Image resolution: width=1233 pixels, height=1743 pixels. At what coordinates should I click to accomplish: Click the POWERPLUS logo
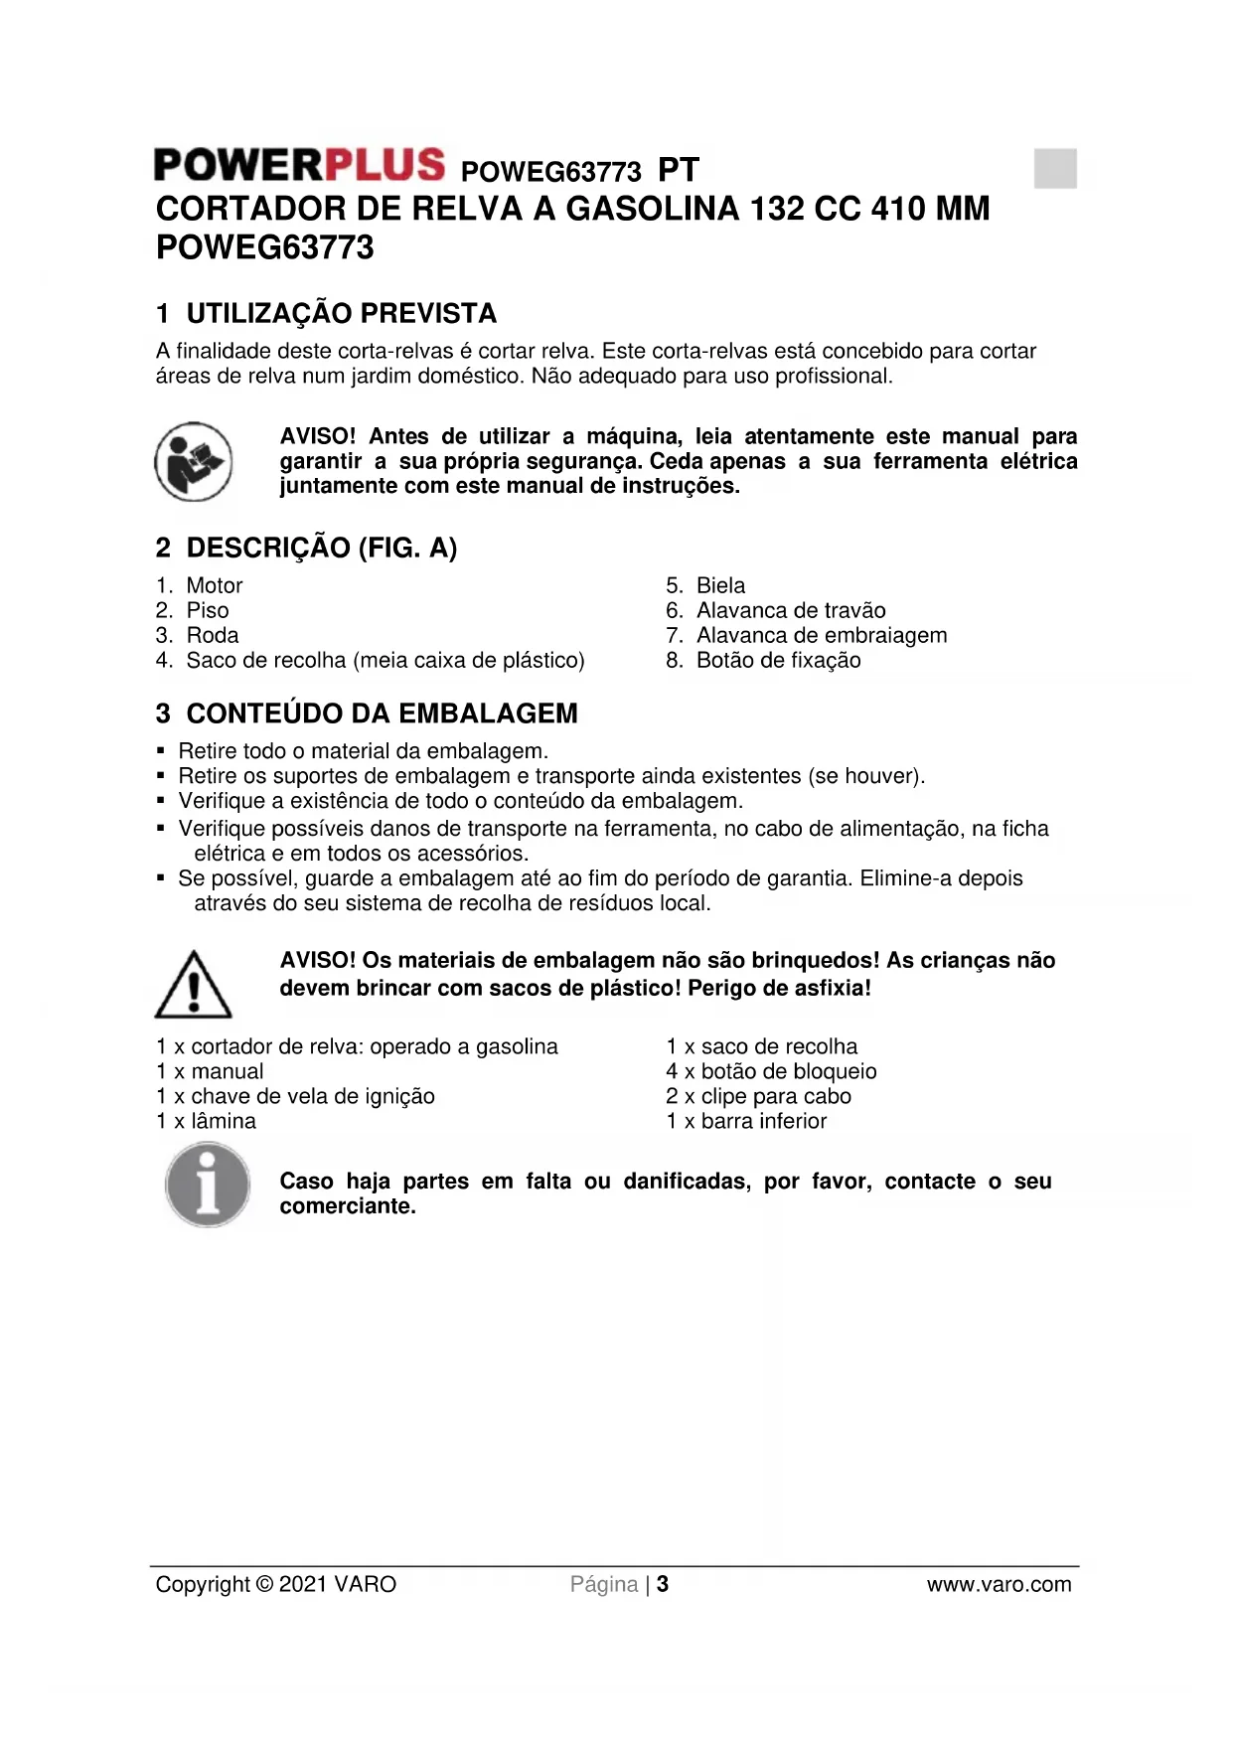point(299,165)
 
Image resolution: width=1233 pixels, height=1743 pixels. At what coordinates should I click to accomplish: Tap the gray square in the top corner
point(1054,168)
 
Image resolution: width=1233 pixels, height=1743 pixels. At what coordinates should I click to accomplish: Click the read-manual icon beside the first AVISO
point(194,461)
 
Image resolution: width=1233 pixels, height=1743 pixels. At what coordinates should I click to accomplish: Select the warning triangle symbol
point(194,985)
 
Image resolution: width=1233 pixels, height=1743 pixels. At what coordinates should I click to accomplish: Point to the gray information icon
point(208,1185)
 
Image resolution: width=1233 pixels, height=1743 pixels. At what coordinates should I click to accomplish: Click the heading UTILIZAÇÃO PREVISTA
point(341,314)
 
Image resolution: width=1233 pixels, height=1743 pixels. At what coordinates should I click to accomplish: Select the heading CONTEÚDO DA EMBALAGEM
point(382,713)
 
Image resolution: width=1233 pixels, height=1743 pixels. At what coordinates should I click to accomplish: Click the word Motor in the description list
point(215,585)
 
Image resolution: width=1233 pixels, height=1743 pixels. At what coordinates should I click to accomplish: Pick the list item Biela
point(720,585)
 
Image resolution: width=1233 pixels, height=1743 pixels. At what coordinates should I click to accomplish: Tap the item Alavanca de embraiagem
point(822,635)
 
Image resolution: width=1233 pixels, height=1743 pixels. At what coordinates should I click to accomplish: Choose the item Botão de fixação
point(778,660)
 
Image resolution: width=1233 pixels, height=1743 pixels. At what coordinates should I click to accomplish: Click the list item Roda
point(213,635)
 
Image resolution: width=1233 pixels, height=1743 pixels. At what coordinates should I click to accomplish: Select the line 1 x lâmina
point(207,1121)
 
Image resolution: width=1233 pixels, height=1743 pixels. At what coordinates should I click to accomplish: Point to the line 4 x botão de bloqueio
point(771,1071)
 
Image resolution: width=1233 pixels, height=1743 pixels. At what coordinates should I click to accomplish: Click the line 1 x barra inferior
point(746,1121)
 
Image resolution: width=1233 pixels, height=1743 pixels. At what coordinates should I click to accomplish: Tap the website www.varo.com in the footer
point(999,1584)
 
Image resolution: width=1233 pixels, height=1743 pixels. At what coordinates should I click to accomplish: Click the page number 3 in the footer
point(663,1584)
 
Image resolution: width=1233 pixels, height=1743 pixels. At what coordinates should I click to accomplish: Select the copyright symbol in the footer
point(263,1584)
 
